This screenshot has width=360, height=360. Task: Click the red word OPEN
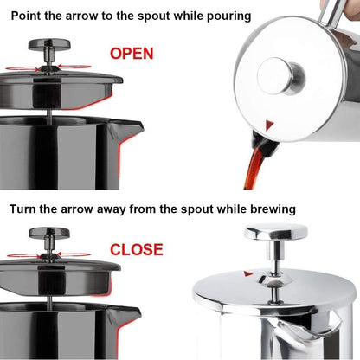(132, 54)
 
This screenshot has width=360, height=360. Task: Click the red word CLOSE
(136, 250)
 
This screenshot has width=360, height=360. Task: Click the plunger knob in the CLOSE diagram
(50, 234)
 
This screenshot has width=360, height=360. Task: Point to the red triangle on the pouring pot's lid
(272, 125)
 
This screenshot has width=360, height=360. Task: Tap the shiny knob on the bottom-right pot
(276, 232)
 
